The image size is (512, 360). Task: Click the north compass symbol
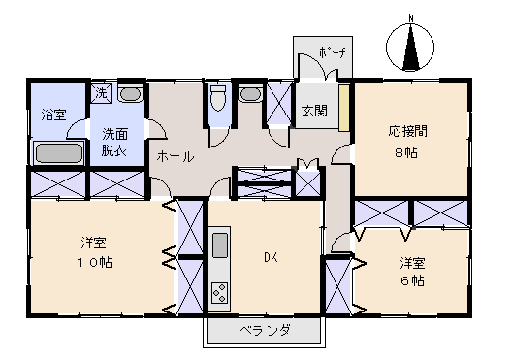[x=411, y=48]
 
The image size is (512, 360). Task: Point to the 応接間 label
[x=407, y=130]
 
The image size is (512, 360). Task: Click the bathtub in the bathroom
[x=58, y=152]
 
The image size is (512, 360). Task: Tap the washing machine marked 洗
[x=101, y=93]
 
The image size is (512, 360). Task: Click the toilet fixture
[x=218, y=99]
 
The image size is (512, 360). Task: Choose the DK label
[x=272, y=257]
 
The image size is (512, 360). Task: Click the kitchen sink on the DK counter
[x=219, y=244]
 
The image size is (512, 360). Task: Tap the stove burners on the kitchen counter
[x=219, y=291]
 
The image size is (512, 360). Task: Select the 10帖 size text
[x=94, y=262]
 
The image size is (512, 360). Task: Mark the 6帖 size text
[x=413, y=280]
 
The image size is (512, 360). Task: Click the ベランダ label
[x=262, y=332]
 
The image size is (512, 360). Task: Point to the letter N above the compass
[x=411, y=18]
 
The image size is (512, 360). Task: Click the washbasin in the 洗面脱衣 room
[x=132, y=95]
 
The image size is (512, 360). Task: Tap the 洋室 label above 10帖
[x=94, y=242]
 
